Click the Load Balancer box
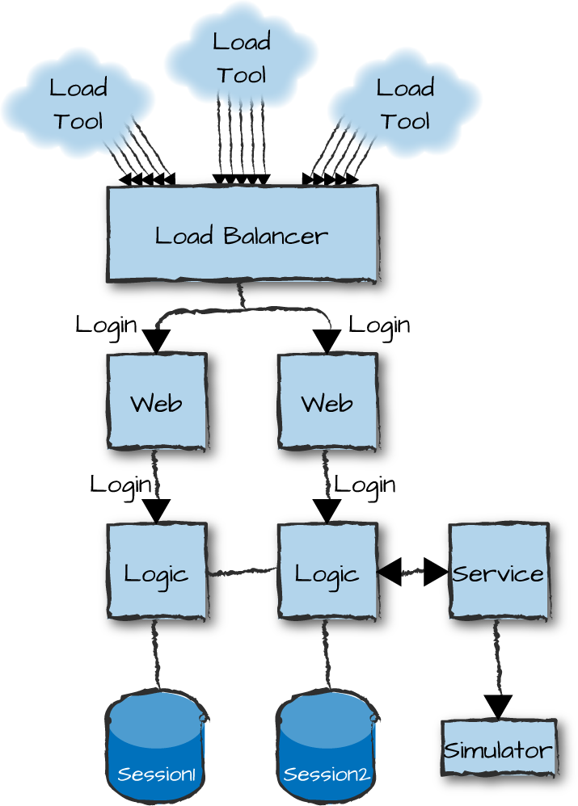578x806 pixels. click(x=242, y=234)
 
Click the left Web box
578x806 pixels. click(x=157, y=401)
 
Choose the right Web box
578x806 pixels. click(x=327, y=401)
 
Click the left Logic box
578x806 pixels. click(x=157, y=572)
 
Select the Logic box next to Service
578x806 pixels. click(x=327, y=572)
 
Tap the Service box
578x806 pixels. click(x=498, y=572)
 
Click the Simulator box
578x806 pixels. click(x=498, y=749)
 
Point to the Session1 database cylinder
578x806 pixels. click(x=156, y=747)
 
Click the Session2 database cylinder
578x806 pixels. click(x=327, y=747)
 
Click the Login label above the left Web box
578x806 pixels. click(x=106, y=325)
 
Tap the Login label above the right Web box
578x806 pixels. click(x=379, y=325)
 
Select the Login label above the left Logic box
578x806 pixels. click(x=120, y=485)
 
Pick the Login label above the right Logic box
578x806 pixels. click(x=365, y=485)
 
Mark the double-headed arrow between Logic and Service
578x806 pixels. click(x=412, y=572)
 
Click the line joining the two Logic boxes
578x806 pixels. click(x=242, y=572)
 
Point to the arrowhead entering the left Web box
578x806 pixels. click(x=156, y=342)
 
